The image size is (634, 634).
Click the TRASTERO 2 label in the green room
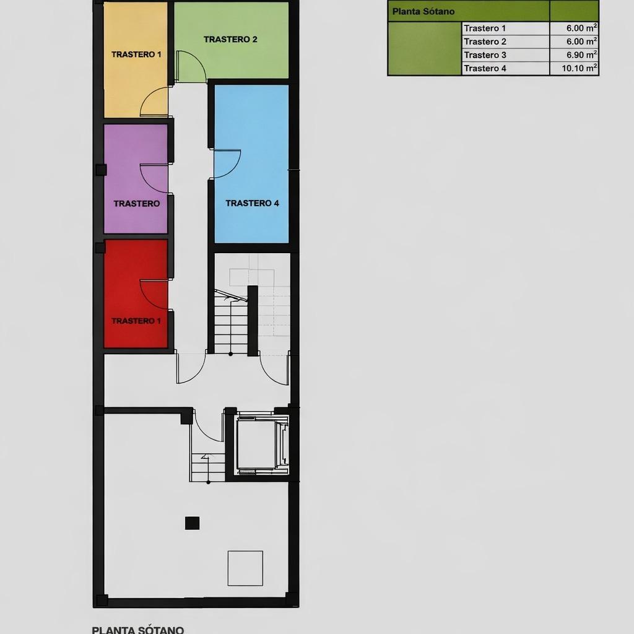(230, 39)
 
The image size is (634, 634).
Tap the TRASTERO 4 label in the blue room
(252, 203)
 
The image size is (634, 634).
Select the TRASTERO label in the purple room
(136, 203)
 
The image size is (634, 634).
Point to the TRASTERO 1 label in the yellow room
(136, 54)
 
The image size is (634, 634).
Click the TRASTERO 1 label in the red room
(136, 321)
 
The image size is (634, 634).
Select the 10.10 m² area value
(580, 68)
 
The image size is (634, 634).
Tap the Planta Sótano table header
(423, 11)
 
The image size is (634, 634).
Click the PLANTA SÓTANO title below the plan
(137, 630)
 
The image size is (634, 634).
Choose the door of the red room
(154, 295)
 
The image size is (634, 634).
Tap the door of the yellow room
(155, 102)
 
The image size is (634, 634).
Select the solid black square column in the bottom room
(193, 523)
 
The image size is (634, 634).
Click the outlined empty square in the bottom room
(245, 568)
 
